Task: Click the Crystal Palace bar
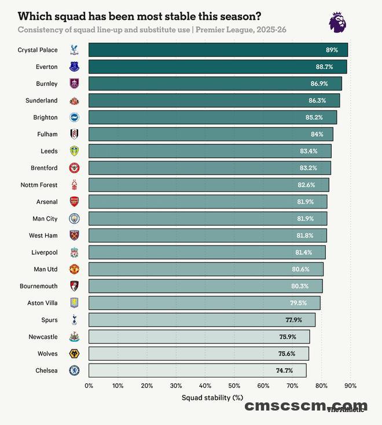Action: (218, 50)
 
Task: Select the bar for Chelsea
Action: (197, 371)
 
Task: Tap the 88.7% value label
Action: (324, 67)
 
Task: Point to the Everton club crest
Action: (74, 67)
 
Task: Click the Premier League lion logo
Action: (339, 21)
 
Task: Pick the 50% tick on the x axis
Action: (234, 385)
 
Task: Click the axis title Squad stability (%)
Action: (213, 398)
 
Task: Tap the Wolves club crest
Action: (74, 353)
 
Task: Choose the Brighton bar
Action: (212, 118)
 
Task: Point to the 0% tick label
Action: (89, 385)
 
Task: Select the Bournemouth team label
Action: (38, 286)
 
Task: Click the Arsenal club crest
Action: (74, 201)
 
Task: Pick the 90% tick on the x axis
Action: (350, 385)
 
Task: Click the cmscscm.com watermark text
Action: (306, 406)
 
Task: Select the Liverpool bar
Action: (207, 252)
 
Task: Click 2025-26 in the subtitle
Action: (267, 30)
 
